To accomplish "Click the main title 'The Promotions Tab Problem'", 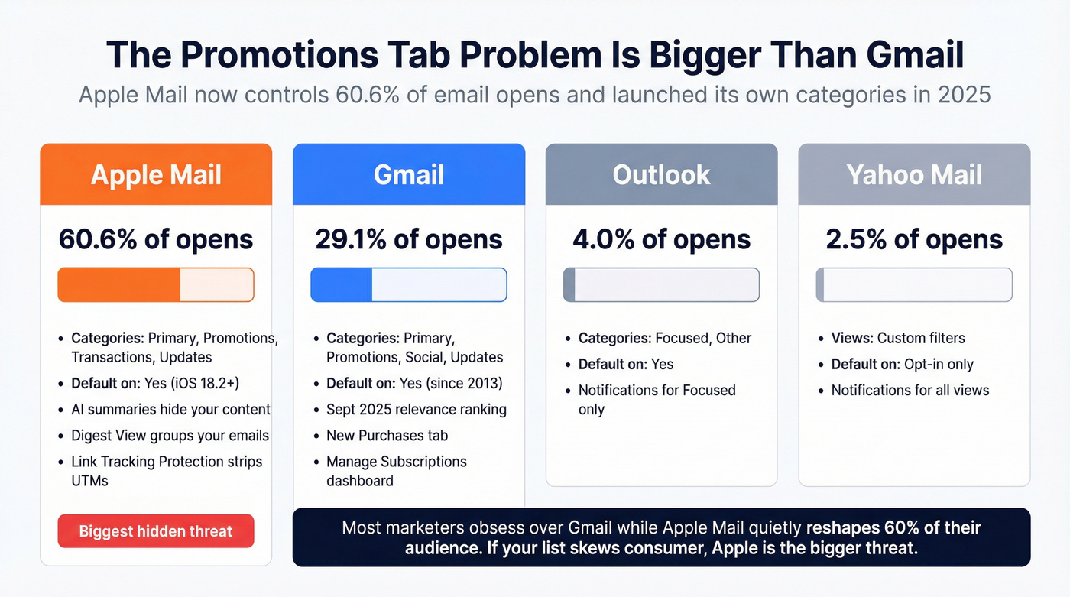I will [534, 55].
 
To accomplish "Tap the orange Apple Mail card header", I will [156, 174].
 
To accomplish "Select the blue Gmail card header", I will [409, 174].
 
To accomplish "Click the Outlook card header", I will [661, 174].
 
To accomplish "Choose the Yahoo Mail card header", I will [914, 174].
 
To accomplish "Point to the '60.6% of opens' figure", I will [156, 239].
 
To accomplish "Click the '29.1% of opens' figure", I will [409, 239].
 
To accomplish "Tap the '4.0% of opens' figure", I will [661, 239].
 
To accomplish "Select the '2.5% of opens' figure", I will [914, 239].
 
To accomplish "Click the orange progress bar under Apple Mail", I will [156, 284].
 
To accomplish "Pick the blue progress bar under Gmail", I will [409, 284].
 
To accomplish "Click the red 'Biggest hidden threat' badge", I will [156, 531].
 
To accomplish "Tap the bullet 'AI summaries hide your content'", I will [170, 410].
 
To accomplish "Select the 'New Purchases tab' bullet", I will [387, 436].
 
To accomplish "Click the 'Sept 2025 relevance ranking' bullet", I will [416, 410].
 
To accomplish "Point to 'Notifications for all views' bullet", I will [909, 391].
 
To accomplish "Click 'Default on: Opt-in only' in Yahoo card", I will [902, 365].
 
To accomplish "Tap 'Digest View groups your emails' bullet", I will [170, 436].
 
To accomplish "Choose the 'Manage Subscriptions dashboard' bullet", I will [396, 471].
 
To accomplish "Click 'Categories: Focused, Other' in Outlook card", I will [664, 339].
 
